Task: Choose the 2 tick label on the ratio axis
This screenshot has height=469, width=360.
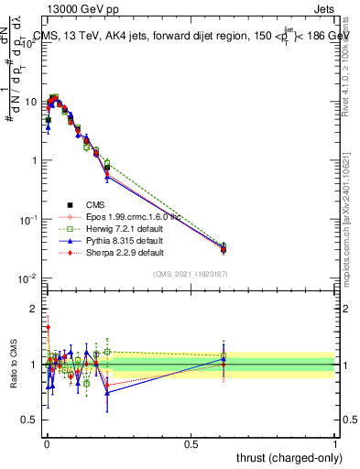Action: point(34,308)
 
